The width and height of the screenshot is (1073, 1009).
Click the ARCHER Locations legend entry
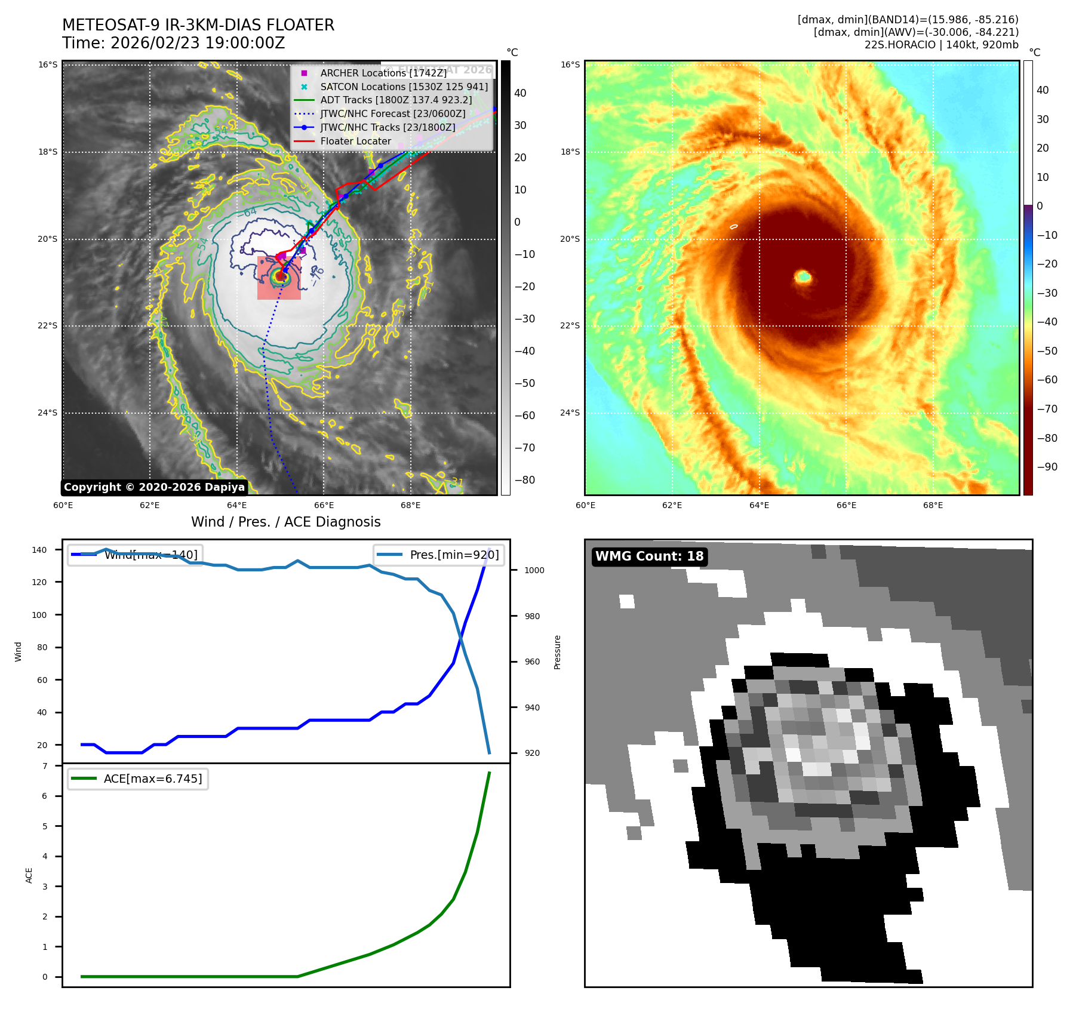(383, 73)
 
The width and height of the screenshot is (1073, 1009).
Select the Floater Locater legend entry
(355, 141)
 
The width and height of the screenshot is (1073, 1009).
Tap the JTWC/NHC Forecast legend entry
(392, 114)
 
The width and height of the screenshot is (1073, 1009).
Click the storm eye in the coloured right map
(803, 276)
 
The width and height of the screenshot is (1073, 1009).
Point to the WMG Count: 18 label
(649, 556)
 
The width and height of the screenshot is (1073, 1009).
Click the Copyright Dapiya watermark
(154, 487)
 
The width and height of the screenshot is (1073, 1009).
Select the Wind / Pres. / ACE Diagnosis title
(285, 522)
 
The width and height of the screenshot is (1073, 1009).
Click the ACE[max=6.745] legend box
(138, 779)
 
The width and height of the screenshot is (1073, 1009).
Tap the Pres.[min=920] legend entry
(454, 555)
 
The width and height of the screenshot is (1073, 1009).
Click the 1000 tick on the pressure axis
(534, 570)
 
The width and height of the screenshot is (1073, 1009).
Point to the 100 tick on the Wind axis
(39, 615)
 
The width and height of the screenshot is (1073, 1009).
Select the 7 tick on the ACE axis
(45, 766)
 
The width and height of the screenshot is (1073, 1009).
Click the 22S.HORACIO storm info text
(941, 45)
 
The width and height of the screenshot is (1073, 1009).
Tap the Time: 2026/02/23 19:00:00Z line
(174, 44)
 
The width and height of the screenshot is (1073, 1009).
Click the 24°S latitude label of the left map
(48, 413)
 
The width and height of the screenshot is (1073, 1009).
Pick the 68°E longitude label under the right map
(933, 505)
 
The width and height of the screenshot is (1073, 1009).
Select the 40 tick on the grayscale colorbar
(520, 93)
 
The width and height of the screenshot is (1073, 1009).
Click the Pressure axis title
(557, 652)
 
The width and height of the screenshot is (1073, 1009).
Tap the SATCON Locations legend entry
(404, 87)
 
